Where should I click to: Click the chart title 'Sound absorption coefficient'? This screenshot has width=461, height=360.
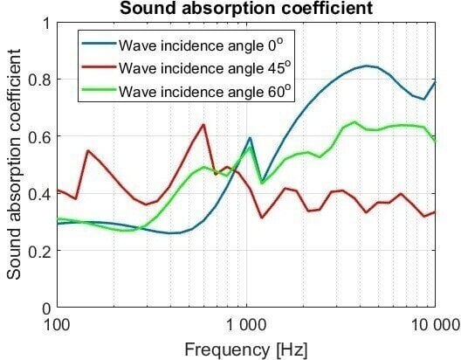(245, 9)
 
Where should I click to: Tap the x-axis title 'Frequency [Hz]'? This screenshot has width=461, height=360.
(245, 350)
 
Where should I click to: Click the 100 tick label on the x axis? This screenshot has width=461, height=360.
(58, 323)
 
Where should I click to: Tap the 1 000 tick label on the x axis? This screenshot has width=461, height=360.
(245, 323)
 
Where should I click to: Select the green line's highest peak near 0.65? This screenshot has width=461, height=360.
(354, 122)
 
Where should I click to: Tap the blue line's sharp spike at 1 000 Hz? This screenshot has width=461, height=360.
(250, 138)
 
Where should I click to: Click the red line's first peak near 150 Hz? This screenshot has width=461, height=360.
(88, 150)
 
